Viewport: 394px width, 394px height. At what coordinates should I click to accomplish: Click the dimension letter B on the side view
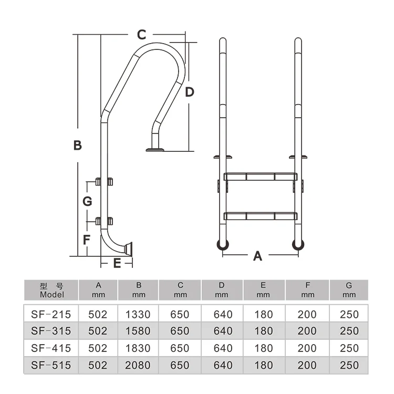click(x=77, y=146)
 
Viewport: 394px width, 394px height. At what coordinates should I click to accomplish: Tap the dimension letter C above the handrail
click(x=141, y=35)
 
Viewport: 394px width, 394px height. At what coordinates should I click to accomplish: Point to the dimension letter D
click(x=190, y=92)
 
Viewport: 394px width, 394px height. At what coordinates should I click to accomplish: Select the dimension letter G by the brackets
click(x=88, y=201)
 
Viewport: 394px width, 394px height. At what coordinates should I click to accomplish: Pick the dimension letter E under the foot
click(x=117, y=263)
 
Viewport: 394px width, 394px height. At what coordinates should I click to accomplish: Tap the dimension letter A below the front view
click(x=257, y=256)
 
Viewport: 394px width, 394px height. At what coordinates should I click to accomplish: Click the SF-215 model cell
click(x=51, y=315)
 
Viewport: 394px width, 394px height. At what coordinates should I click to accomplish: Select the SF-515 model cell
click(x=51, y=365)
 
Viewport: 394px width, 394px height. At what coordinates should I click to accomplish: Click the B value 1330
click(x=138, y=315)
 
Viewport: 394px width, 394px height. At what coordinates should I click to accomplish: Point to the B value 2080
click(x=138, y=365)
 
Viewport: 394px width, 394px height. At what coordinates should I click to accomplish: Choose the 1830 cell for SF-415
click(x=138, y=348)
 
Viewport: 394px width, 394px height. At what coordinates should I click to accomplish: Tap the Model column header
click(x=51, y=290)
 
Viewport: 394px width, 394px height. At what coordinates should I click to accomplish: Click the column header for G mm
click(x=349, y=290)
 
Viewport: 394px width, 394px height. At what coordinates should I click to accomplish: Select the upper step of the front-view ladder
click(x=261, y=177)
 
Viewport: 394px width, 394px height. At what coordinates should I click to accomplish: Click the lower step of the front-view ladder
click(x=261, y=215)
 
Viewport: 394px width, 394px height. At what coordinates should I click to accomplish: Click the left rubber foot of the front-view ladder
click(x=223, y=244)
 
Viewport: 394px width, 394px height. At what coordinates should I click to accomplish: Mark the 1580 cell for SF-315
click(x=138, y=331)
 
